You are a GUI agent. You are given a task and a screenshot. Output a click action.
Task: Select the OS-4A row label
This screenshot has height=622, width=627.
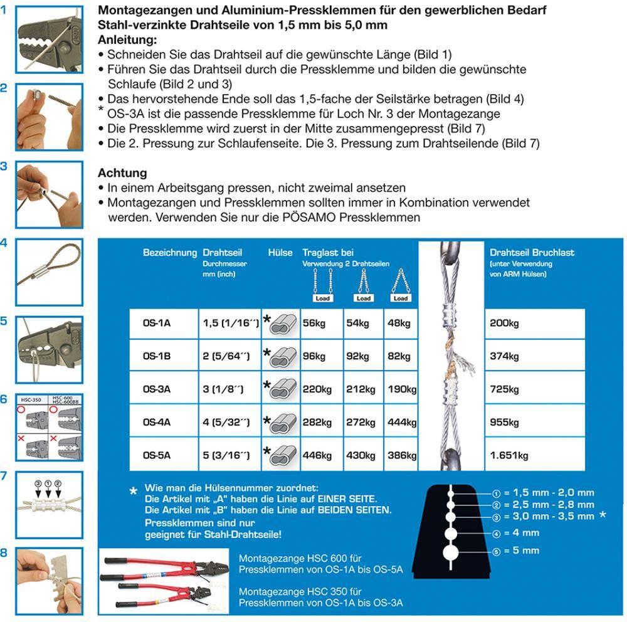click(x=157, y=422)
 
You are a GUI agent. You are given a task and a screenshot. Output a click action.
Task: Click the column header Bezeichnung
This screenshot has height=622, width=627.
click(x=169, y=253)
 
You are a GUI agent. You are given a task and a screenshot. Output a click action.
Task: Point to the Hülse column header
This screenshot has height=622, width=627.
click(x=280, y=253)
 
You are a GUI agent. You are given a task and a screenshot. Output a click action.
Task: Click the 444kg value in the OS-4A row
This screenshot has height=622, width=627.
click(x=401, y=422)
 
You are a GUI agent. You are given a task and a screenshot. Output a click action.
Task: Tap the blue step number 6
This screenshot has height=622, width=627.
click(x=5, y=399)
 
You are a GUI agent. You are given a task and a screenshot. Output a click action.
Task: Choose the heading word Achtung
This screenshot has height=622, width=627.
click(x=122, y=173)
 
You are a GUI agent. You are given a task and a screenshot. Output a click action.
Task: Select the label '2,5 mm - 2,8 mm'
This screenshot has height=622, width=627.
click(x=554, y=504)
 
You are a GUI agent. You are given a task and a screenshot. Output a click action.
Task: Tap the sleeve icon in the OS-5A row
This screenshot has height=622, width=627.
click(x=280, y=456)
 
